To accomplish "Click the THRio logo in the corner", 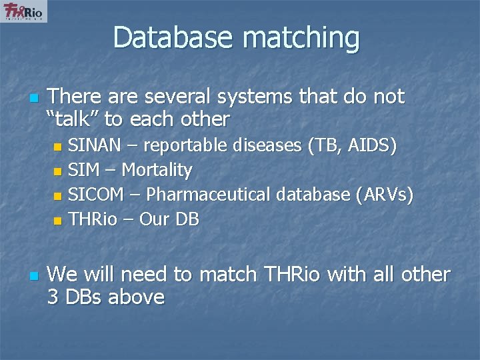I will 24,11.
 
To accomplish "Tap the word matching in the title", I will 301,39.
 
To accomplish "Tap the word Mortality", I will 157,171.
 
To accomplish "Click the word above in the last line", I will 137,297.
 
